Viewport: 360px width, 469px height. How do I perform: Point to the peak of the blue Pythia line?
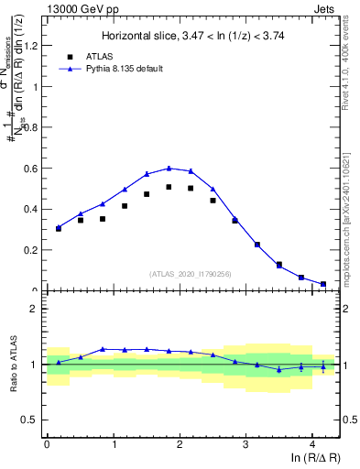tap(169, 168)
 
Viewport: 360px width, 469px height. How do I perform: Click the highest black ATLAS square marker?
tap(169, 187)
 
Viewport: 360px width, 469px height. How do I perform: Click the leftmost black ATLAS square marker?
tap(59, 228)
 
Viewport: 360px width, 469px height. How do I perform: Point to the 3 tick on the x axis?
tap(246, 446)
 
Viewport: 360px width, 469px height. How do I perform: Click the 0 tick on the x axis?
tap(47, 446)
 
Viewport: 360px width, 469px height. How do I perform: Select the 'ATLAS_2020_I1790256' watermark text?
tap(191, 274)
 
